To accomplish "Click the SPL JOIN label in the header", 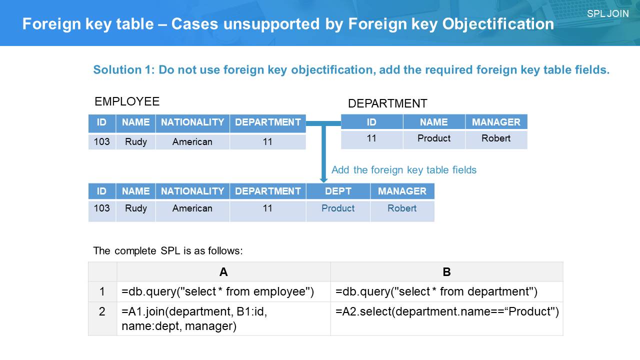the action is [x=607, y=13].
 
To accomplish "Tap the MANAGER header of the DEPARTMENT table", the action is [x=496, y=122].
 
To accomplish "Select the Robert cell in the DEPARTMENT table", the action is [x=496, y=138].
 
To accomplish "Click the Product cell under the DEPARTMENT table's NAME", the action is [x=434, y=138].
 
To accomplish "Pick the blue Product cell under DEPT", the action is [x=338, y=208].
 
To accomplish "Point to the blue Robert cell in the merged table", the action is [x=402, y=208].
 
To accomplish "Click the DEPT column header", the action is [x=338, y=191].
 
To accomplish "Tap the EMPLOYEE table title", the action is [x=127, y=101].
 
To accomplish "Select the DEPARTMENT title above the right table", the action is [x=387, y=103].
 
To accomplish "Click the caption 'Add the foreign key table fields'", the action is [x=403, y=170].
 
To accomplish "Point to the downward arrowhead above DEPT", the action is [x=323, y=180].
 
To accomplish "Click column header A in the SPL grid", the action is [x=223, y=271].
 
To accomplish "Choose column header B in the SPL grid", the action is [x=446, y=271].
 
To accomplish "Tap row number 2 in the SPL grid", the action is [x=102, y=311].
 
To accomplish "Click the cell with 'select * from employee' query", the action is [x=223, y=291].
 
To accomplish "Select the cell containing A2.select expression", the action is [x=446, y=318].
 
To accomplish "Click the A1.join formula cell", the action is [x=223, y=318].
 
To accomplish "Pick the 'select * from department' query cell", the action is [x=446, y=291].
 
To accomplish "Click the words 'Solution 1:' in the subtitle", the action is [x=124, y=69].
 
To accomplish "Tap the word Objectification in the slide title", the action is [x=498, y=24].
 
